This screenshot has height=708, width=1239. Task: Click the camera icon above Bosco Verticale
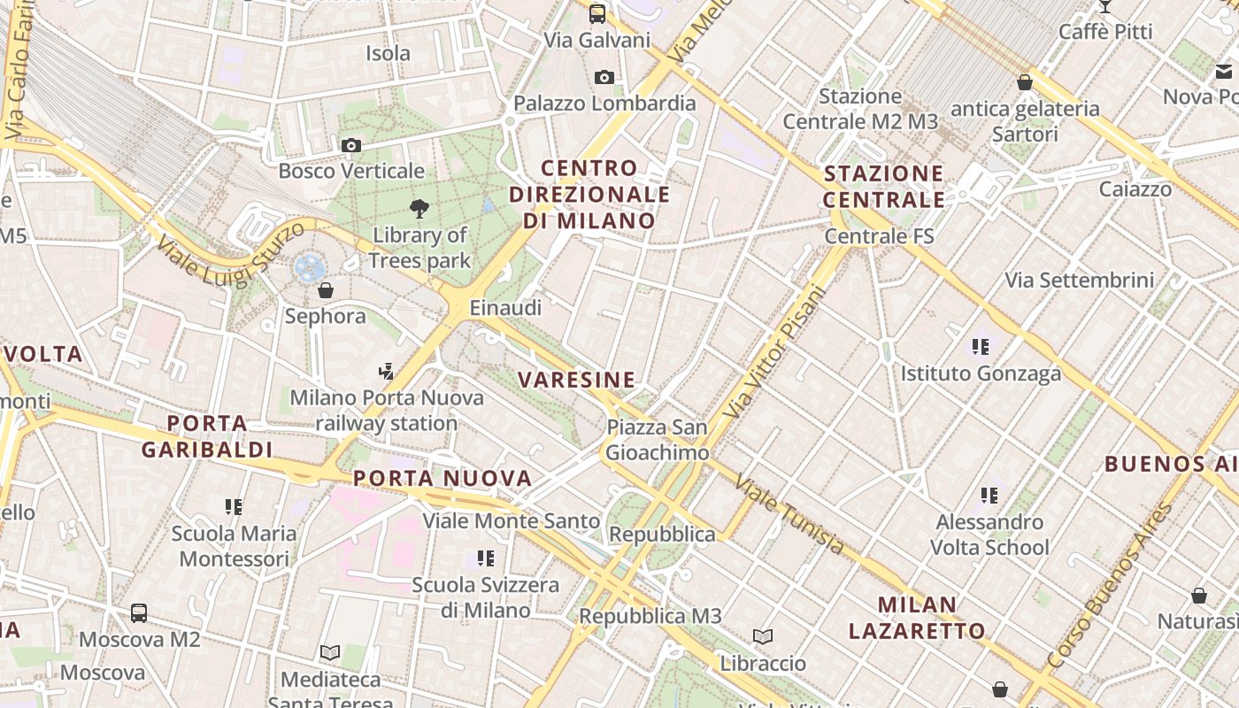(351, 145)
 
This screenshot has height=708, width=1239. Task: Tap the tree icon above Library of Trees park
(419, 209)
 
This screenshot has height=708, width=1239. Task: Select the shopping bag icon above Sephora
(326, 290)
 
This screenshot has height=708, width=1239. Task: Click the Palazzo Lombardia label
(604, 104)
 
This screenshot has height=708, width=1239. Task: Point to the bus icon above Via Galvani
(597, 13)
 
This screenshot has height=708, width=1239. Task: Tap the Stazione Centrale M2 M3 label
(860, 109)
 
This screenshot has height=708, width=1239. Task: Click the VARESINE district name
(576, 381)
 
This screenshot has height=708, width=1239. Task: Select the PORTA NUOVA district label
(442, 479)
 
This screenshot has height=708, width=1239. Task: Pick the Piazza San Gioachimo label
(657, 440)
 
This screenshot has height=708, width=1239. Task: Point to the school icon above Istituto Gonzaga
(981, 347)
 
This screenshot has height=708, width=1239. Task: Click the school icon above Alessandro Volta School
(989, 496)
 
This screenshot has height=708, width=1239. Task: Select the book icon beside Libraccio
(762, 636)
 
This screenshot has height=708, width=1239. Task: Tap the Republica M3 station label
(650, 616)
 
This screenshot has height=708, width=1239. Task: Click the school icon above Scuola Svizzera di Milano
(485, 558)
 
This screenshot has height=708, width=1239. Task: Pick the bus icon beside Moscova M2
(139, 613)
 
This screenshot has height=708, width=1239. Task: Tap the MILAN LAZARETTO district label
(917, 618)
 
